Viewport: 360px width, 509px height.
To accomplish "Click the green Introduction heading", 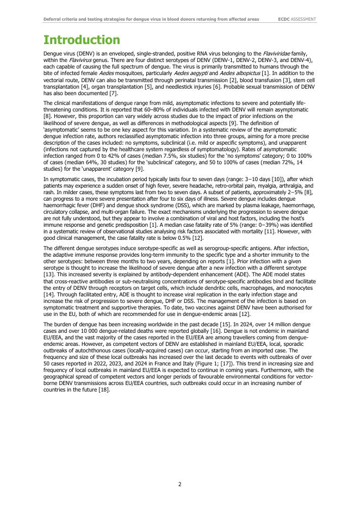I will pos(82,40).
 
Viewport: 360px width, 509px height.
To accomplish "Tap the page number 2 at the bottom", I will pos(180,484).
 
